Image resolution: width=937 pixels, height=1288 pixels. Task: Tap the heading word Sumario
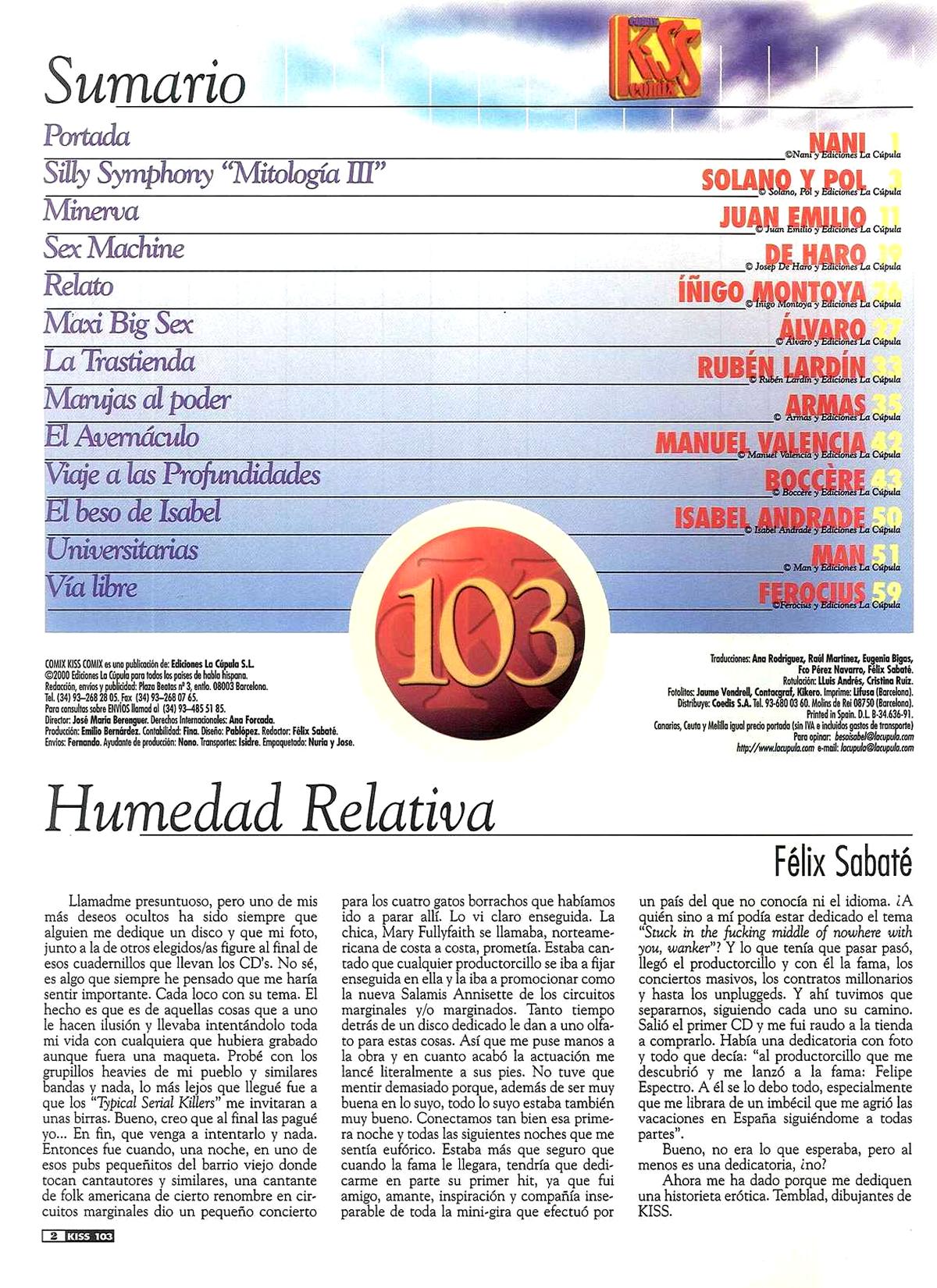coord(145,81)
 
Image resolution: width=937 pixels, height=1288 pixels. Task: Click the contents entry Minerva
coord(91,211)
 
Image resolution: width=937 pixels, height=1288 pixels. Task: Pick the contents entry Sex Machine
coord(114,248)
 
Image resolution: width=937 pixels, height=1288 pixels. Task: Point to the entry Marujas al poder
coord(137,399)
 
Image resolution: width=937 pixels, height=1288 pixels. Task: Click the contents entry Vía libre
coord(91,587)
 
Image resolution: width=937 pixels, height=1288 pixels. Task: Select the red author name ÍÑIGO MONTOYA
coord(771,291)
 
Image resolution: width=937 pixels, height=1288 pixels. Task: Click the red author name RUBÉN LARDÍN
coord(781,366)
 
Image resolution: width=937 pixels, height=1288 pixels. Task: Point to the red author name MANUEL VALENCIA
coord(760,442)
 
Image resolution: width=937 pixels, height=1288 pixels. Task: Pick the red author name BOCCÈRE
coord(814,479)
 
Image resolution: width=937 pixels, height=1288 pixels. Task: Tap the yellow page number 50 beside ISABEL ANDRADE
coord(886,517)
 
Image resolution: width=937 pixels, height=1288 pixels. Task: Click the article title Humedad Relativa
coord(270,809)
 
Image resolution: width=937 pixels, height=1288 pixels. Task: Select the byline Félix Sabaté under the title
coord(843,861)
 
